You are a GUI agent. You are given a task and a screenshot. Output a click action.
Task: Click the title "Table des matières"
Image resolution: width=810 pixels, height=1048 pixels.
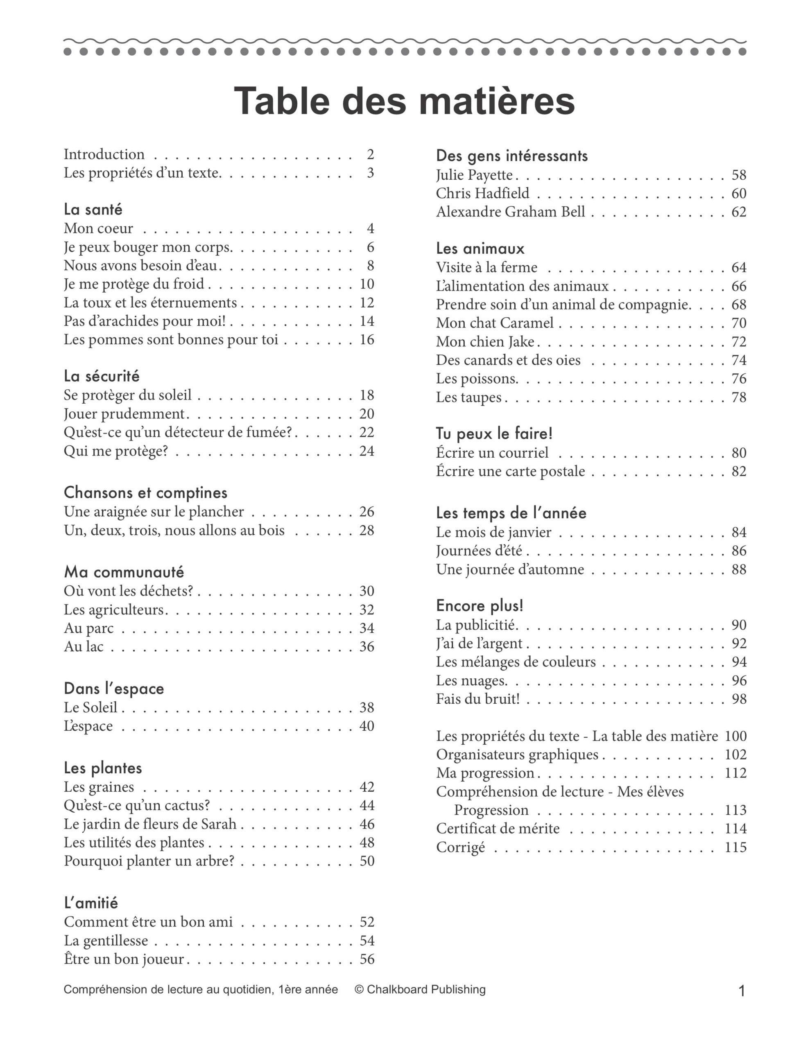click(x=404, y=101)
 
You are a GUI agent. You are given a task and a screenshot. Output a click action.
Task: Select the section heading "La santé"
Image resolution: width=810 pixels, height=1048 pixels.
click(x=93, y=210)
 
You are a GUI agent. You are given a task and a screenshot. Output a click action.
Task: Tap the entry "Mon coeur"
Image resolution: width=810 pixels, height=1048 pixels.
click(x=98, y=228)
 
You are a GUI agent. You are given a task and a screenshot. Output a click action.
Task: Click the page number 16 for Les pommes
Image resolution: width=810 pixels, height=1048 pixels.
click(x=367, y=340)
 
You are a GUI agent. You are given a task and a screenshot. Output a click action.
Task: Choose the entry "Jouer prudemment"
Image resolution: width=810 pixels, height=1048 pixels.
click(x=124, y=413)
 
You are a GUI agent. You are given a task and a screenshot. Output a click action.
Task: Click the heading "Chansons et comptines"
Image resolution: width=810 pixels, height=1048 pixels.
click(x=145, y=493)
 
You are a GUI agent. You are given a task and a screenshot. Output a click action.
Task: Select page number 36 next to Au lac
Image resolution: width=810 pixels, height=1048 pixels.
click(x=367, y=647)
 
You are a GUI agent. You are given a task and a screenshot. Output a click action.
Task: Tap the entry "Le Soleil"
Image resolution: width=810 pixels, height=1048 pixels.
click(x=91, y=707)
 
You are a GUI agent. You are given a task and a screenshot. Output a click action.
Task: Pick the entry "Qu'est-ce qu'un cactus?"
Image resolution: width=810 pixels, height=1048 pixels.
click(x=137, y=805)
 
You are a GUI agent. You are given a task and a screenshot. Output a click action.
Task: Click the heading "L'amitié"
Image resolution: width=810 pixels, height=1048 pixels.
click(x=91, y=903)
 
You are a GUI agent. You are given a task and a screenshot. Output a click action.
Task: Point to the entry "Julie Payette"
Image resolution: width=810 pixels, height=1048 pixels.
click(x=474, y=175)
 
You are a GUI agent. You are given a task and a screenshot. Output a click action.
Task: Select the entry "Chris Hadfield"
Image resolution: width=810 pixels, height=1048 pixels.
click(x=482, y=193)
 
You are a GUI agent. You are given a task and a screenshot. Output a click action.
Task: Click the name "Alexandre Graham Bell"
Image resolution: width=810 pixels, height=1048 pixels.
click(x=510, y=212)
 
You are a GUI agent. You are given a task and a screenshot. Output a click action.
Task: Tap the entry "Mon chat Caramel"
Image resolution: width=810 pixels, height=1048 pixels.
click(x=495, y=323)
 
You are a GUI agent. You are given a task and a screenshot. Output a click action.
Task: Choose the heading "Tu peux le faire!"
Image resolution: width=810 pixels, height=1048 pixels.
click(x=494, y=434)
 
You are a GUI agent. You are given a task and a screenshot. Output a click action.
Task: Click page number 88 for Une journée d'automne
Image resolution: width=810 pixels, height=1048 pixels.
click(x=739, y=569)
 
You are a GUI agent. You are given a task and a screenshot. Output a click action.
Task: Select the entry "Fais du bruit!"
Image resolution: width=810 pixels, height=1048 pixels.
click(x=478, y=699)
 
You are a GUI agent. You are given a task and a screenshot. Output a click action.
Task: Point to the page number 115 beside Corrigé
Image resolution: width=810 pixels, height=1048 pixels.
click(x=735, y=847)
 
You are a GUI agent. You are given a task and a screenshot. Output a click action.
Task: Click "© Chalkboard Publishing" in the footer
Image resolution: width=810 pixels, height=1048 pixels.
click(x=420, y=989)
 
